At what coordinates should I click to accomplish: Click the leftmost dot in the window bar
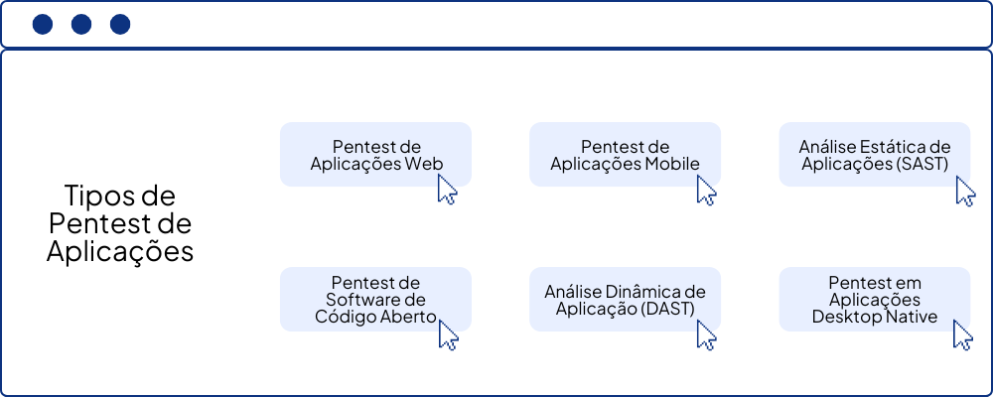pyautogui.click(x=43, y=25)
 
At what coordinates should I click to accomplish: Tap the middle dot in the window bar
pyautogui.click(x=81, y=25)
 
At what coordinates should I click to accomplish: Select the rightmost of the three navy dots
pyautogui.click(x=119, y=25)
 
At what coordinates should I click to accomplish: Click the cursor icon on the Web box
pyautogui.click(x=447, y=190)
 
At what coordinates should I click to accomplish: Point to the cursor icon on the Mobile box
pyautogui.click(x=706, y=190)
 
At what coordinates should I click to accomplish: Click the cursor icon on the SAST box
pyautogui.click(x=965, y=191)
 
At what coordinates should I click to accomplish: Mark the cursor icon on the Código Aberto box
pyautogui.click(x=448, y=334)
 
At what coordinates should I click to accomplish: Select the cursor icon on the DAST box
pyautogui.click(x=706, y=334)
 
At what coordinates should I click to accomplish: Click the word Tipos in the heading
pyautogui.click(x=95, y=195)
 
